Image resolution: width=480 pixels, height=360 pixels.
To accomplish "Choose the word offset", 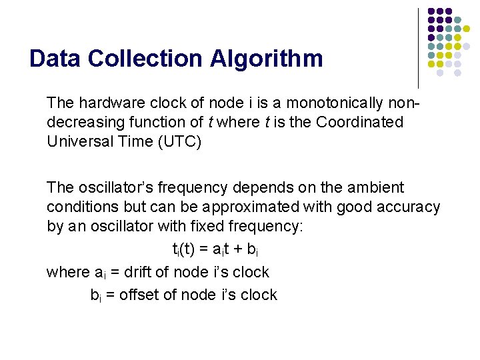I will click(137, 295).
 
